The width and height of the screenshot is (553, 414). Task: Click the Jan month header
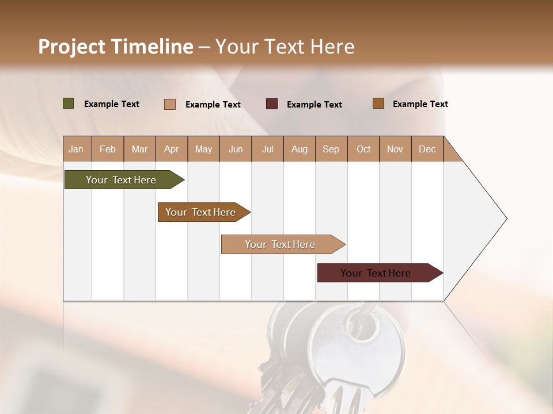pos(77,149)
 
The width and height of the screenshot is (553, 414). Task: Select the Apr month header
pos(172,149)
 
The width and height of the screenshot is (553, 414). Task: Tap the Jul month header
pos(267,149)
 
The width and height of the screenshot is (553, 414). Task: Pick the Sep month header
pos(331,149)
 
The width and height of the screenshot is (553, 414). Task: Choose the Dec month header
pos(427,149)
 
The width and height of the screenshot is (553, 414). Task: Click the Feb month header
pos(108,149)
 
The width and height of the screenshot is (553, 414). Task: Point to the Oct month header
pos(363,149)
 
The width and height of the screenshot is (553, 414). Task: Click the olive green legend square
pos(68,103)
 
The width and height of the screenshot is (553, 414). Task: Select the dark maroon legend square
pos(272,104)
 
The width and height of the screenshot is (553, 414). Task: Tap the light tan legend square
pos(170,104)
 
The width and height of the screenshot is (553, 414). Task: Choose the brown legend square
pos(378,103)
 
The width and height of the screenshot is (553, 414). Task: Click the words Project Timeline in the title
pos(116,47)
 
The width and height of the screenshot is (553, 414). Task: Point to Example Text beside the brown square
pos(420,104)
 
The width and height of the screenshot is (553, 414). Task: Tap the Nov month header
pos(395,149)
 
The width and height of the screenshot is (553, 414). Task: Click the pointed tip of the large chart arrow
pos(505,218)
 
